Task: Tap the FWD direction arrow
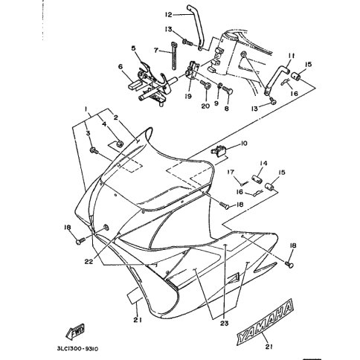75,331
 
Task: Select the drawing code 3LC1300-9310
77,349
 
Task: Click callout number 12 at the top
168,15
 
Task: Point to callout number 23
225,323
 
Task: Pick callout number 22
89,261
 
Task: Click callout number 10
244,144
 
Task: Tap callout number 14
263,163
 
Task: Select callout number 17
231,172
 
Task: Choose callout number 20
205,106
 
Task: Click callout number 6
120,66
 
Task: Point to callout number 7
156,51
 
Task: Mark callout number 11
292,56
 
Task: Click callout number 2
115,118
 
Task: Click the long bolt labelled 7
174,56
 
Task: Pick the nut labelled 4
120,144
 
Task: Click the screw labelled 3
94,150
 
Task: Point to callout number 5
134,48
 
